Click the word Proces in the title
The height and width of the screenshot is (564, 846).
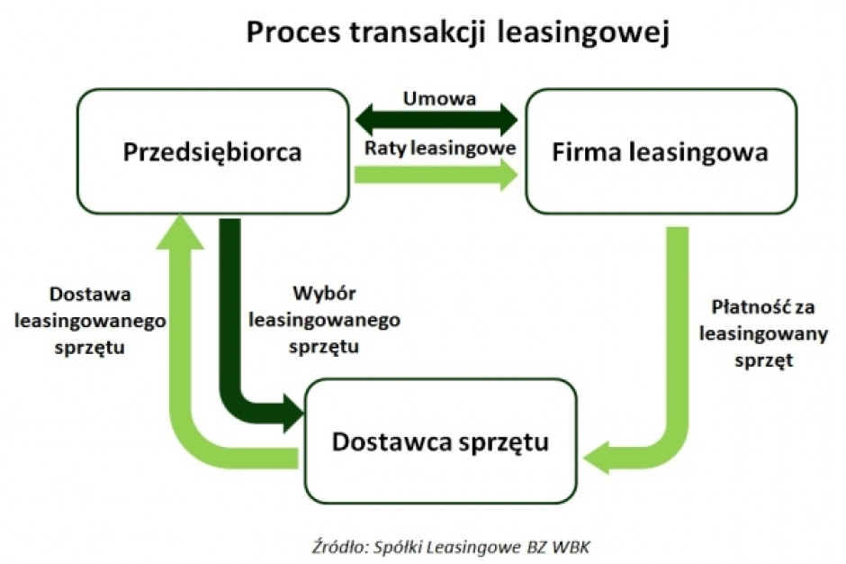click(x=293, y=32)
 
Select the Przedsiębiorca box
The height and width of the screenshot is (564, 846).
click(x=213, y=151)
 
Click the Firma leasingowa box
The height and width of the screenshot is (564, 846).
click(x=661, y=151)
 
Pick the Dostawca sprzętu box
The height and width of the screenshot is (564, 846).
click(x=441, y=441)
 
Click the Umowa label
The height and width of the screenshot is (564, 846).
click(x=440, y=99)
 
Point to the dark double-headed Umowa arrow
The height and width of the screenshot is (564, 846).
click(x=436, y=121)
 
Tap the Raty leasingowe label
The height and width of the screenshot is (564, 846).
click(x=440, y=148)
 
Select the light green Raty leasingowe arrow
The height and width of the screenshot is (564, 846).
click(x=436, y=175)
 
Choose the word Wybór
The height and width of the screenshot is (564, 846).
click(x=324, y=294)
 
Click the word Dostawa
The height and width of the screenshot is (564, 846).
click(x=90, y=295)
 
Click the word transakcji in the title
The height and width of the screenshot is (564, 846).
click(x=418, y=33)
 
